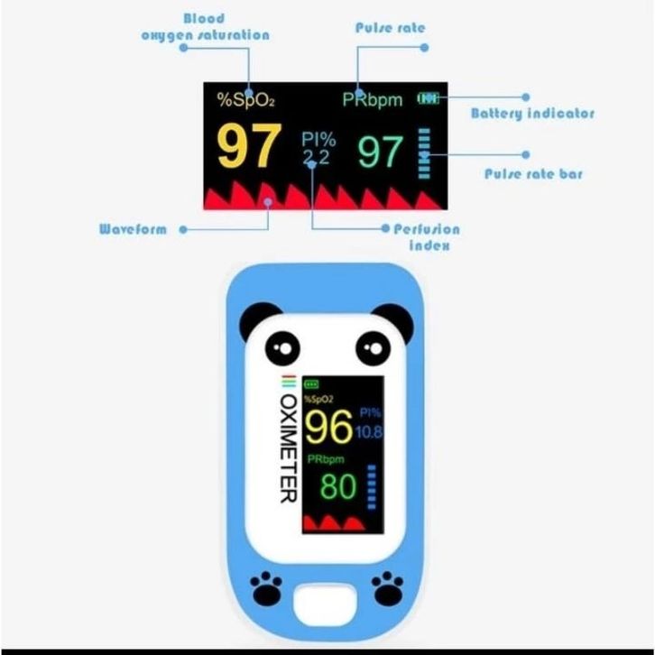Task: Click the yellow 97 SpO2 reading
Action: tap(249, 146)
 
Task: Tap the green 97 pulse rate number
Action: tap(381, 152)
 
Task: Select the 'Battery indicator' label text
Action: tap(532, 113)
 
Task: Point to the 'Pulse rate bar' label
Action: tap(533, 174)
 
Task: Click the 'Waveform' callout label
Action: tap(133, 229)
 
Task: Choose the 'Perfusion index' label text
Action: tap(427, 237)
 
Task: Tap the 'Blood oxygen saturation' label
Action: tap(205, 27)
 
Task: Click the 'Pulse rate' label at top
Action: tap(390, 28)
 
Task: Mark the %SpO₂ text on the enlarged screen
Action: tap(245, 100)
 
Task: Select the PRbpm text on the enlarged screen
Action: tap(373, 100)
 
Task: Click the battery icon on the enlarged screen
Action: tap(429, 98)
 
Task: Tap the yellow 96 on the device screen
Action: tap(328, 426)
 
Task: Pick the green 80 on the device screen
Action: tap(338, 486)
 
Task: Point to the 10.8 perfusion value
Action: tap(369, 432)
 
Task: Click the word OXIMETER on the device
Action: tap(288, 448)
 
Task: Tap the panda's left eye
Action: tap(282, 348)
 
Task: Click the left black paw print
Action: tap(265, 588)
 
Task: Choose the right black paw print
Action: tap(387, 588)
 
